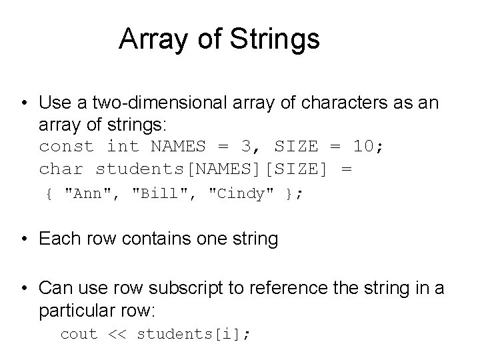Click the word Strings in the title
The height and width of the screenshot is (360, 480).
(275, 39)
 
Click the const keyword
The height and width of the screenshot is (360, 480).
(67, 147)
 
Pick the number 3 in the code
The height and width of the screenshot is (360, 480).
(229, 147)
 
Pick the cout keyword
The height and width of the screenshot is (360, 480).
(79, 334)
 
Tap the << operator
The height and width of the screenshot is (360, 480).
(117, 334)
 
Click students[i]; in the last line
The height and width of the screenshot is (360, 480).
(193, 334)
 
